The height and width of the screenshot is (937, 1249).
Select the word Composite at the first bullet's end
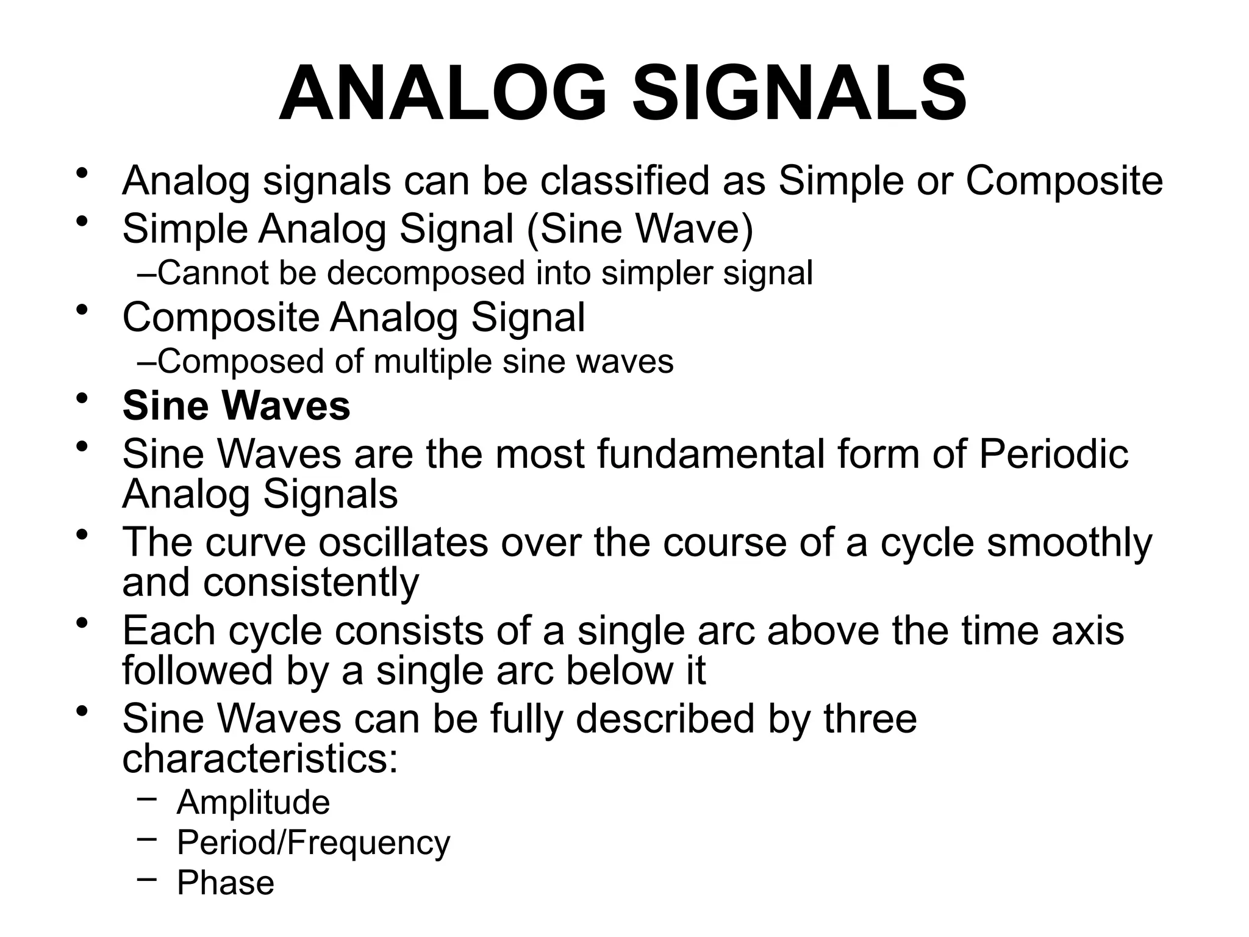[1064, 181]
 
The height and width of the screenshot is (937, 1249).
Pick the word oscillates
[403, 542]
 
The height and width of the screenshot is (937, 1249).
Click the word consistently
[311, 582]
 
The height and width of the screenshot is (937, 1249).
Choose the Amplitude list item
[253, 802]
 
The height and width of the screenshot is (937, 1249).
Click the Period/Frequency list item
[313, 843]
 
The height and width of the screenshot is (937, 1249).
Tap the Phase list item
[226, 883]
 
